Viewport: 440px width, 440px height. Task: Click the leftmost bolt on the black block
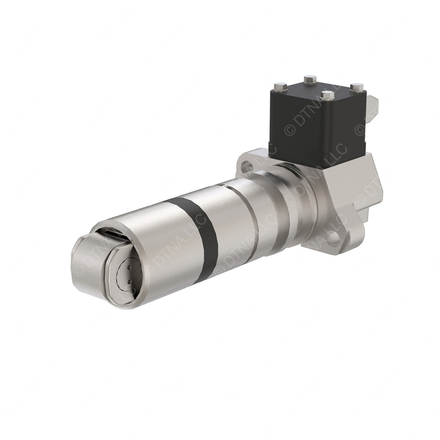(x=280, y=86)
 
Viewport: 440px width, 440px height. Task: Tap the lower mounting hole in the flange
(x=332, y=238)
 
